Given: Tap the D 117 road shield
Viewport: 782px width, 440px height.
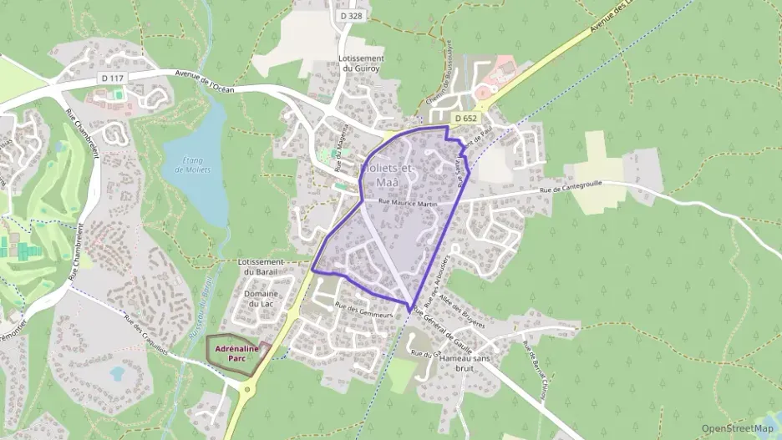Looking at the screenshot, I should click(x=112, y=78).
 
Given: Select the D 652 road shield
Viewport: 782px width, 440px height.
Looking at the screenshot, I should click(x=466, y=119).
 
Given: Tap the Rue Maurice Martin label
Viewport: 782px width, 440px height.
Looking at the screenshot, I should click(x=408, y=202).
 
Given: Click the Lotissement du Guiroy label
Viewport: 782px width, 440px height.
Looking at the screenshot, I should click(x=361, y=63).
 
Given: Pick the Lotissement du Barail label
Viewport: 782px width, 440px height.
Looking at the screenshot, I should click(x=262, y=266).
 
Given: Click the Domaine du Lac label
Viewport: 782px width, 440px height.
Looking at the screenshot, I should click(x=262, y=300).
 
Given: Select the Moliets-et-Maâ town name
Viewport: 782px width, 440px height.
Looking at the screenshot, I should click(x=390, y=173).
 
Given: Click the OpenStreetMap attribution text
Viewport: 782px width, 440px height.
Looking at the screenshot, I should click(x=737, y=428).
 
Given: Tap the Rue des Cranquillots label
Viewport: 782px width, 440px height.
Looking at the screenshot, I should click(x=146, y=334).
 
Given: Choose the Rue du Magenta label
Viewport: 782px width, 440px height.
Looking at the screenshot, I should click(x=340, y=149).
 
